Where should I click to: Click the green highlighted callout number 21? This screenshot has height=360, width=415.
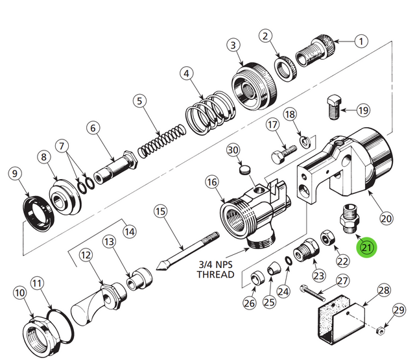(x=368, y=247)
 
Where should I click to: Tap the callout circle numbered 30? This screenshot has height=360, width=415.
(x=233, y=150)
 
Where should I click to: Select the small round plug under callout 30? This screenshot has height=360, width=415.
(x=245, y=171)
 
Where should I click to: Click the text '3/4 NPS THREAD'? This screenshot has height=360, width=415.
(x=215, y=270)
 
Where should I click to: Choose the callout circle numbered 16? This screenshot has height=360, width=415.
(x=211, y=184)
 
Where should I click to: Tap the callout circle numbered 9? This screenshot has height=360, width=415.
(x=14, y=174)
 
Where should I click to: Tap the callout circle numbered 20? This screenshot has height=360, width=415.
(x=386, y=218)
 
